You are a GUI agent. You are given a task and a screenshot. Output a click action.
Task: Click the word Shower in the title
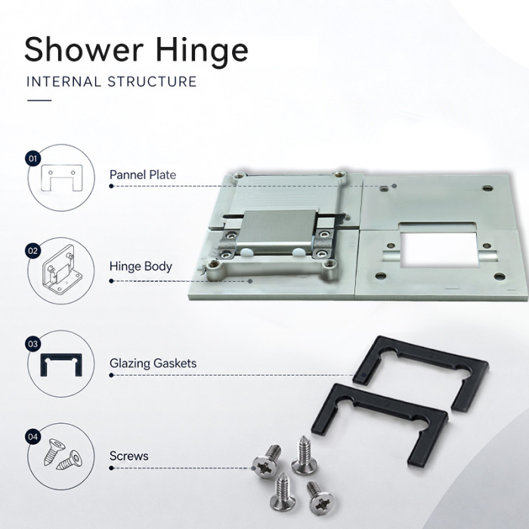click(x=84, y=49)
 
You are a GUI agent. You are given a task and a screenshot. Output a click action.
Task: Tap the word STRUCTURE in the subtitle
click(x=152, y=82)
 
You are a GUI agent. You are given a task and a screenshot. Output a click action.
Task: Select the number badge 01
click(x=32, y=158)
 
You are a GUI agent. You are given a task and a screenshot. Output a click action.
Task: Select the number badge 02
click(x=32, y=251)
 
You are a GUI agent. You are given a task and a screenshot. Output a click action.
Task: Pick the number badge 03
click(x=32, y=344)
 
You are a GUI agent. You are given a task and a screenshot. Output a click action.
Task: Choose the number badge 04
click(x=32, y=437)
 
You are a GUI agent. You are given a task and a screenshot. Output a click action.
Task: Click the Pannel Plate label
click(x=143, y=175)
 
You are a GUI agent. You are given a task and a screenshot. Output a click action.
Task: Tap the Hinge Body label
click(x=141, y=267)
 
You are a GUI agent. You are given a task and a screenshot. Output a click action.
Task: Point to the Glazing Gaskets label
click(x=153, y=363)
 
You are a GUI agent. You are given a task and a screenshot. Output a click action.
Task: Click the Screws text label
click(x=129, y=456)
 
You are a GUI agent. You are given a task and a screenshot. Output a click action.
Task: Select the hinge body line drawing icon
click(x=63, y=270)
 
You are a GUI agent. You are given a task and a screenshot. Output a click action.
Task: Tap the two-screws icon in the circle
click(x=63, y=455)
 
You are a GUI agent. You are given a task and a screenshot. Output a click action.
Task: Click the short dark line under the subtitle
click(x=39, y=101)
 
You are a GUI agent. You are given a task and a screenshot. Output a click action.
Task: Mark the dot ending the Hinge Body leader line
click(x=250, y=281)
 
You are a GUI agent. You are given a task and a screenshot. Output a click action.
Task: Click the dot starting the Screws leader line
click(x=111, y=468)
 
